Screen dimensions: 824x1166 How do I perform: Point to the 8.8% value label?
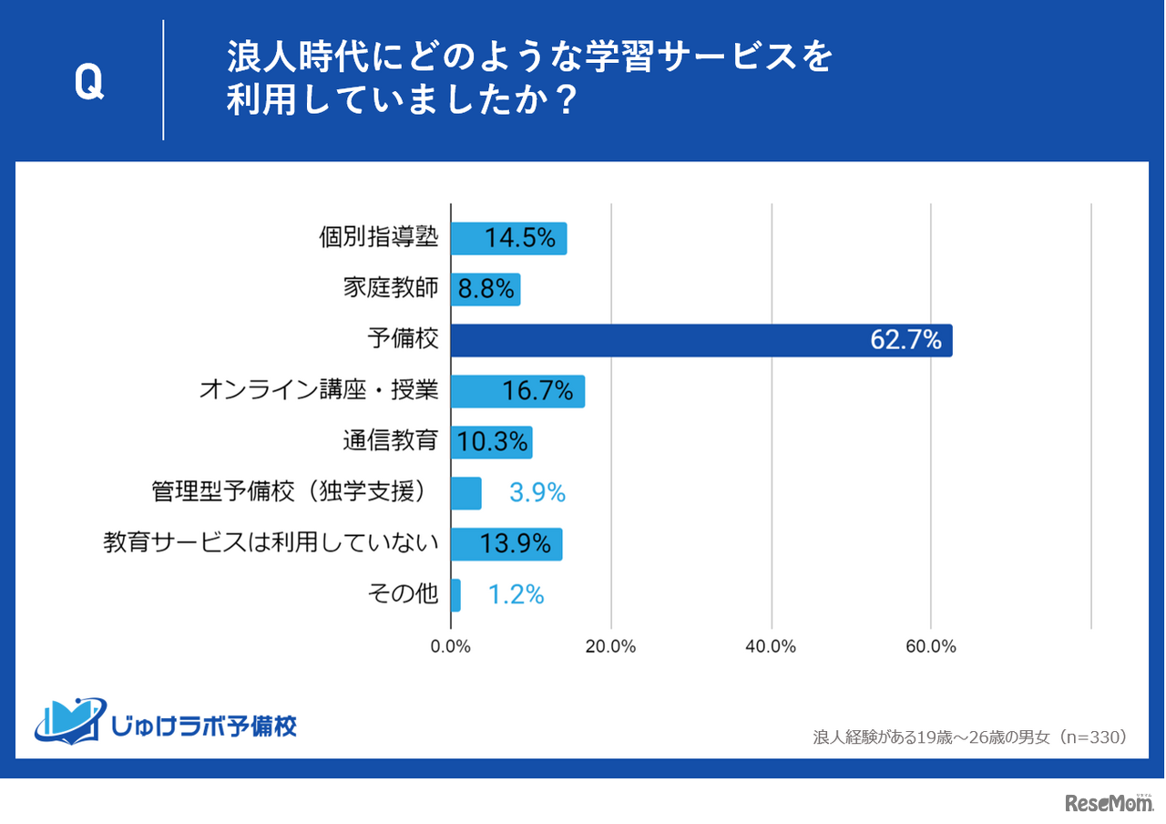(486, 290)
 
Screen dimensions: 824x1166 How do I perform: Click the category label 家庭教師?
(391, 289)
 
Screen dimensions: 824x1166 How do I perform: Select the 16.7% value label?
(537, 391)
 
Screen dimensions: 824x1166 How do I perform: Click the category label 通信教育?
(391, 442)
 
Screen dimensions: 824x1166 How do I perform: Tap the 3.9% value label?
(537, 493)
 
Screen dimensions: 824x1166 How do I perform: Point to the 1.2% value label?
(516, 595)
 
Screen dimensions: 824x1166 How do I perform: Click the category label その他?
(403, 595)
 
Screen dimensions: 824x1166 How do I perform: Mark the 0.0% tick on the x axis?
(451, 646)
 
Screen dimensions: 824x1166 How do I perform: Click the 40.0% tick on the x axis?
(771, 646)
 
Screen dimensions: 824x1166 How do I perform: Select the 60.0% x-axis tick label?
(930, 646)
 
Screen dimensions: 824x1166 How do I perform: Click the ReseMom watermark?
(1108, 803)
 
